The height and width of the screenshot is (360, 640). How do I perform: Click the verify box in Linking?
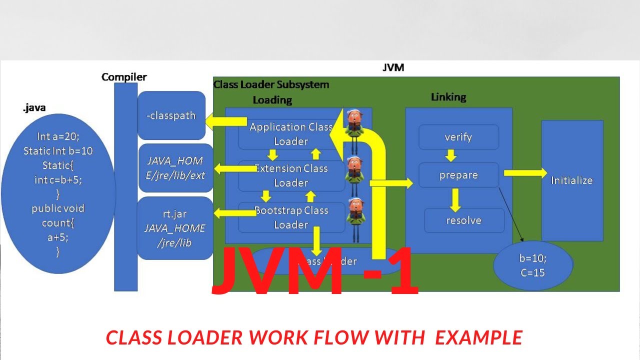[458, 137]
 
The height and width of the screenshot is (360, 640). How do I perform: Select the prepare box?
[458, 175]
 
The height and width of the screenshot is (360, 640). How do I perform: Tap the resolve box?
[463, 220]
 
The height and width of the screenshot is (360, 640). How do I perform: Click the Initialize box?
[572, 180]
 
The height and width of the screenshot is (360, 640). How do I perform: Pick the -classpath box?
[171, 115]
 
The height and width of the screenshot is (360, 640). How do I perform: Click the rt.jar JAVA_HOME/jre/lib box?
[174, 228]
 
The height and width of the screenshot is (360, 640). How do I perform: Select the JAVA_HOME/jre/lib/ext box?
[175, 168]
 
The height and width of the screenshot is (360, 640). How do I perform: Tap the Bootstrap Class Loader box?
[291, 217]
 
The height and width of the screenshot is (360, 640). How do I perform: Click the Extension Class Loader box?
[291, 176]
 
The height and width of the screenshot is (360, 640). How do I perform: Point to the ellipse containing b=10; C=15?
[532, 265]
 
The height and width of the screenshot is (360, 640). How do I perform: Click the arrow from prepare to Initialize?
[525, 173]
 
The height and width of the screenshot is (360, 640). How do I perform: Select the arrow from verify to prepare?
[451, 155]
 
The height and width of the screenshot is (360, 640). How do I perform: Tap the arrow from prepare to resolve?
[454, 199]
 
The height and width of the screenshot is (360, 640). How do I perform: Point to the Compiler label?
[124, 77]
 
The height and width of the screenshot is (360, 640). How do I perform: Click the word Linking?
[448, 97]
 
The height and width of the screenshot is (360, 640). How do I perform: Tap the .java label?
[34, 108]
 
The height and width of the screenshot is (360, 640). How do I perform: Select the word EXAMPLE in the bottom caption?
[478, 338]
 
